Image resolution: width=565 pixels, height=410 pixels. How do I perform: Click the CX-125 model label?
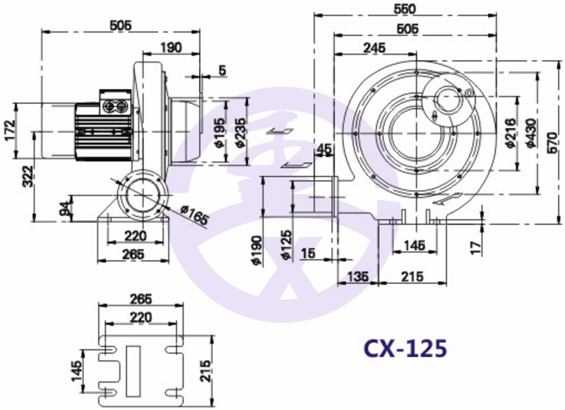405,348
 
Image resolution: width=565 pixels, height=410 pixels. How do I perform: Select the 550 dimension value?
404,8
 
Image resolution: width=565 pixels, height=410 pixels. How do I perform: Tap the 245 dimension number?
374,47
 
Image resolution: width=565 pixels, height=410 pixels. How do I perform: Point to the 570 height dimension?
552,143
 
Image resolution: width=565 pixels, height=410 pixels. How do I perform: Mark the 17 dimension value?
476,247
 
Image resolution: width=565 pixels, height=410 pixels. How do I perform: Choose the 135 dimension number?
358,276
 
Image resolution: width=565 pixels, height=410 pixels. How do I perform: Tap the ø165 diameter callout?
194,215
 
